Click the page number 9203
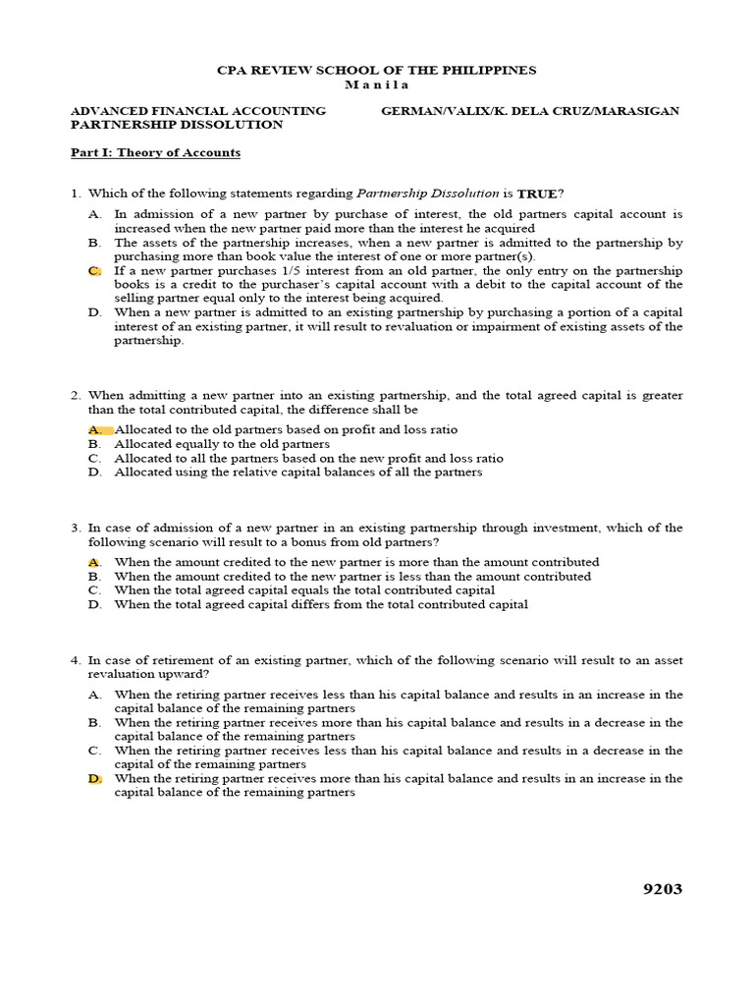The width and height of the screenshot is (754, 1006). pos(662,889)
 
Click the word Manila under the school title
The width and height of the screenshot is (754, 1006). pos(377,84)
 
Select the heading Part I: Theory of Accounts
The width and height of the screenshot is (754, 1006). pos(155,153)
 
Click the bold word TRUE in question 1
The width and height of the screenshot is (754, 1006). pos(537,194)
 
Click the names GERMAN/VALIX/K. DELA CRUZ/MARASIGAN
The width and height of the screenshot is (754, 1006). pos(529,111)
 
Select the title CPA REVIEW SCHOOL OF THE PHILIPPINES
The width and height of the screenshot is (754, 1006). pos(377,71)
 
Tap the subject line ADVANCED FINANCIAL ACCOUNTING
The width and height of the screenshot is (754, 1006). pos(198,111)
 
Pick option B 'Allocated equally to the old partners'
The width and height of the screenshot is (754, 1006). pos(222,444)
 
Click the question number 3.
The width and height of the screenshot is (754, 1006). pos(75,528)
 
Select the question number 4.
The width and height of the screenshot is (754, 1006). pos(75,660)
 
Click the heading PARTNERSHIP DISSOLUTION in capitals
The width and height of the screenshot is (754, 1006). pos(177,125)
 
